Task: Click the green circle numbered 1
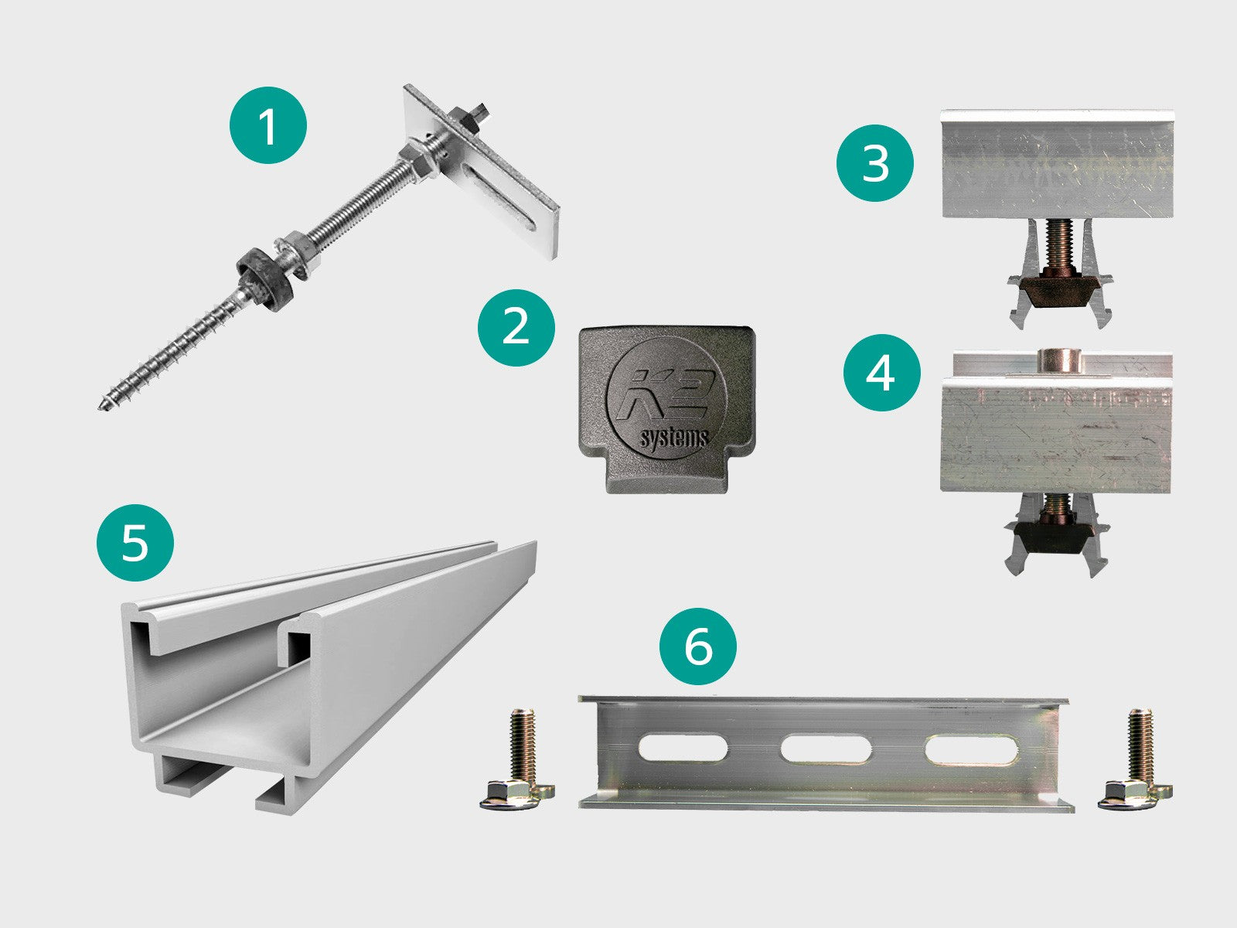268,125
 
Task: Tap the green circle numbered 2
516,328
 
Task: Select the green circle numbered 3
875,163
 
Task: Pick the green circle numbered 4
882,373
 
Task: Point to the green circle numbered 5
135,543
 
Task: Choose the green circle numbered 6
698,647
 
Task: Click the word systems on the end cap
673,438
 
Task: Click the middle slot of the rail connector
826,749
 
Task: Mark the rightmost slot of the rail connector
972,749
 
